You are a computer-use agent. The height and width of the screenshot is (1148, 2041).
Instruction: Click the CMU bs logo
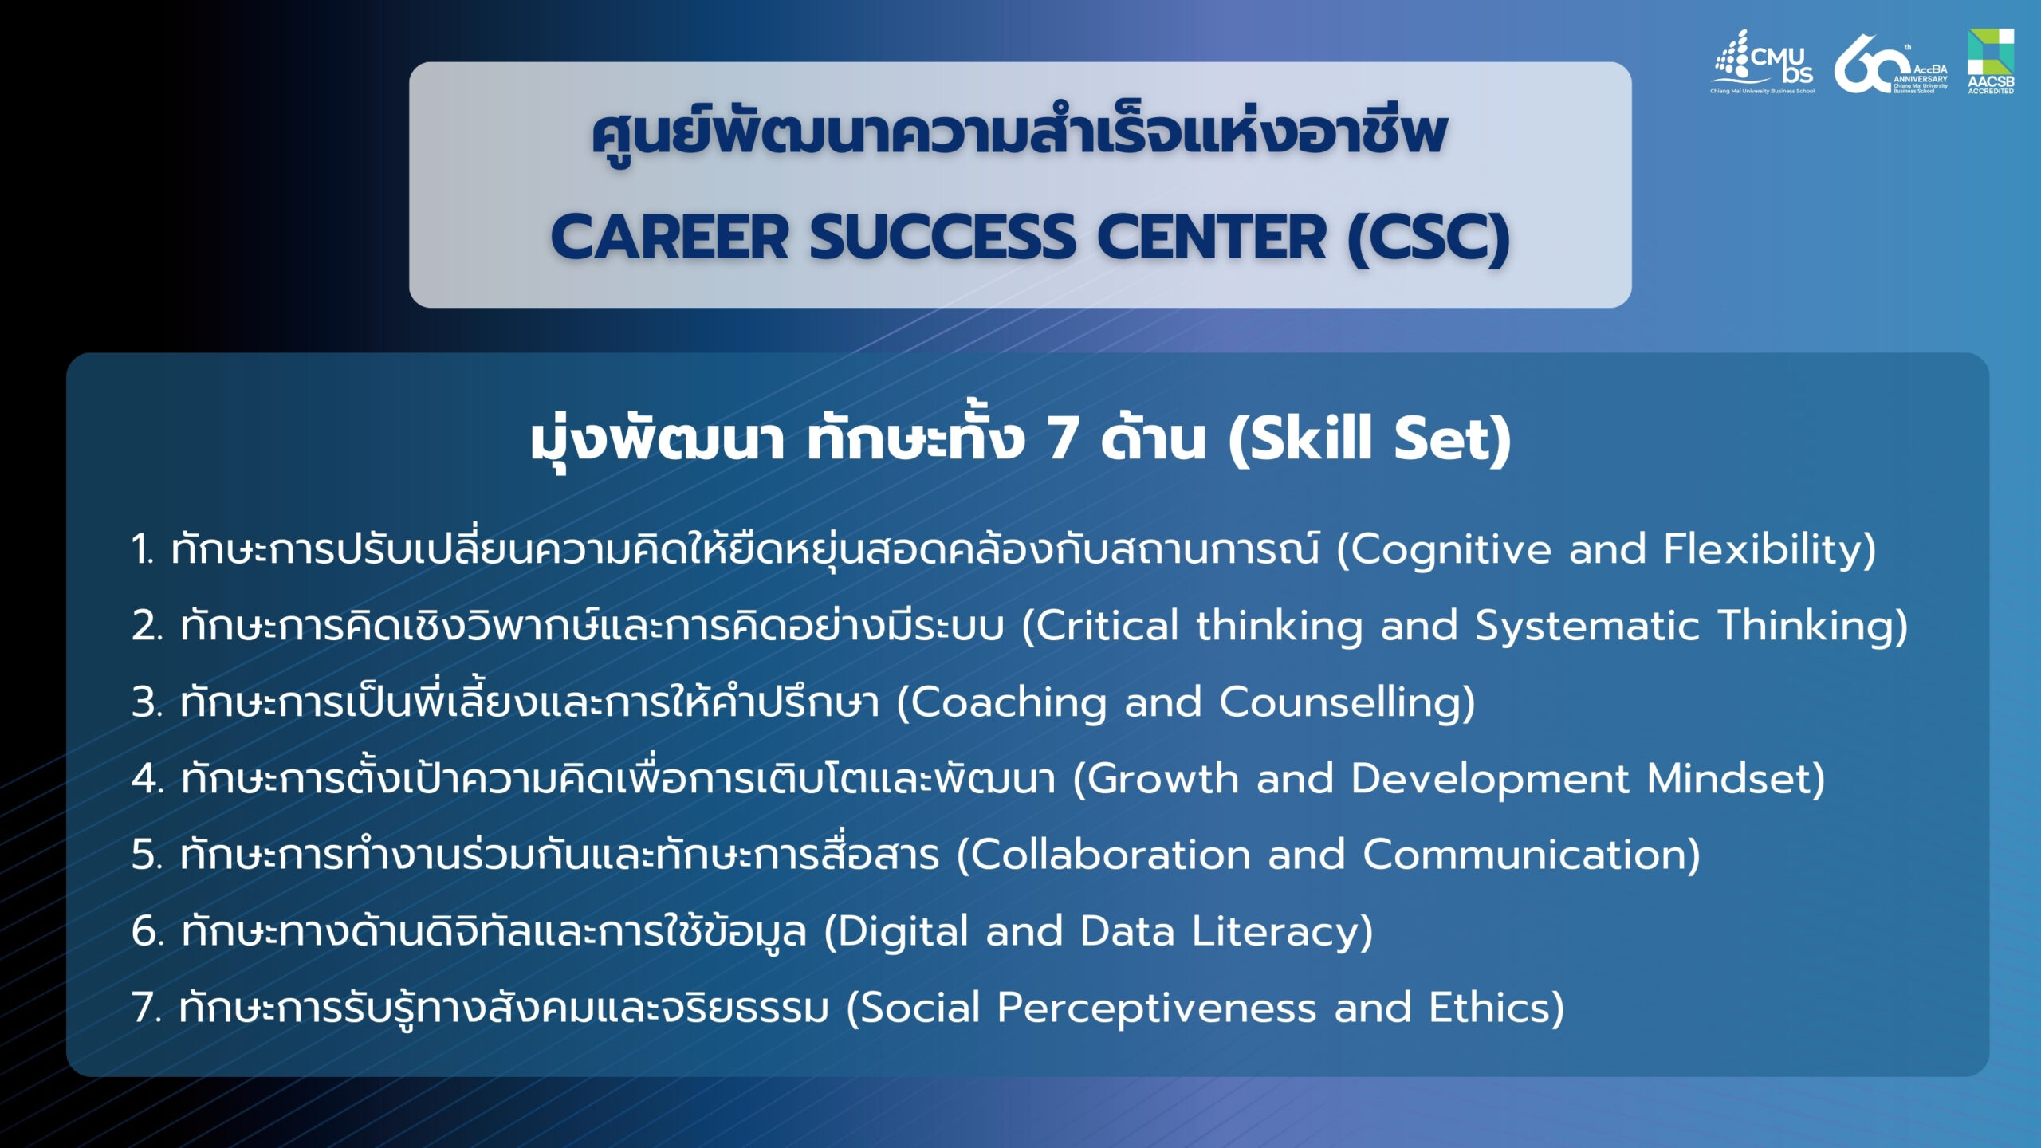click(x=1762, y=62)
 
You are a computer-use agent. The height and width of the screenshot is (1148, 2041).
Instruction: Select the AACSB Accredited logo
click(x=1991, y=61)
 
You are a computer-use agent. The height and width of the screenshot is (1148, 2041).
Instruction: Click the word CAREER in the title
click(x=670, y=237)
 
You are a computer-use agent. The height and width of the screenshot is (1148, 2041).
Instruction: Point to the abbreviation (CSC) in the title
click(x=1428, y=238)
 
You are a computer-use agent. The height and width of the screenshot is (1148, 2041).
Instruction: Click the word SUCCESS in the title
click(x=943, y=237)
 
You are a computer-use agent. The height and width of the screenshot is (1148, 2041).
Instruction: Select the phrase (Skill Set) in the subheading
click(x=1369, y=439)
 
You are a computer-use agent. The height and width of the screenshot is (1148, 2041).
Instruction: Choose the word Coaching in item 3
click(x=1009, y=702)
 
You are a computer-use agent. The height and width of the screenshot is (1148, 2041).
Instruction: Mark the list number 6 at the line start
click(x=146, y=931)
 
